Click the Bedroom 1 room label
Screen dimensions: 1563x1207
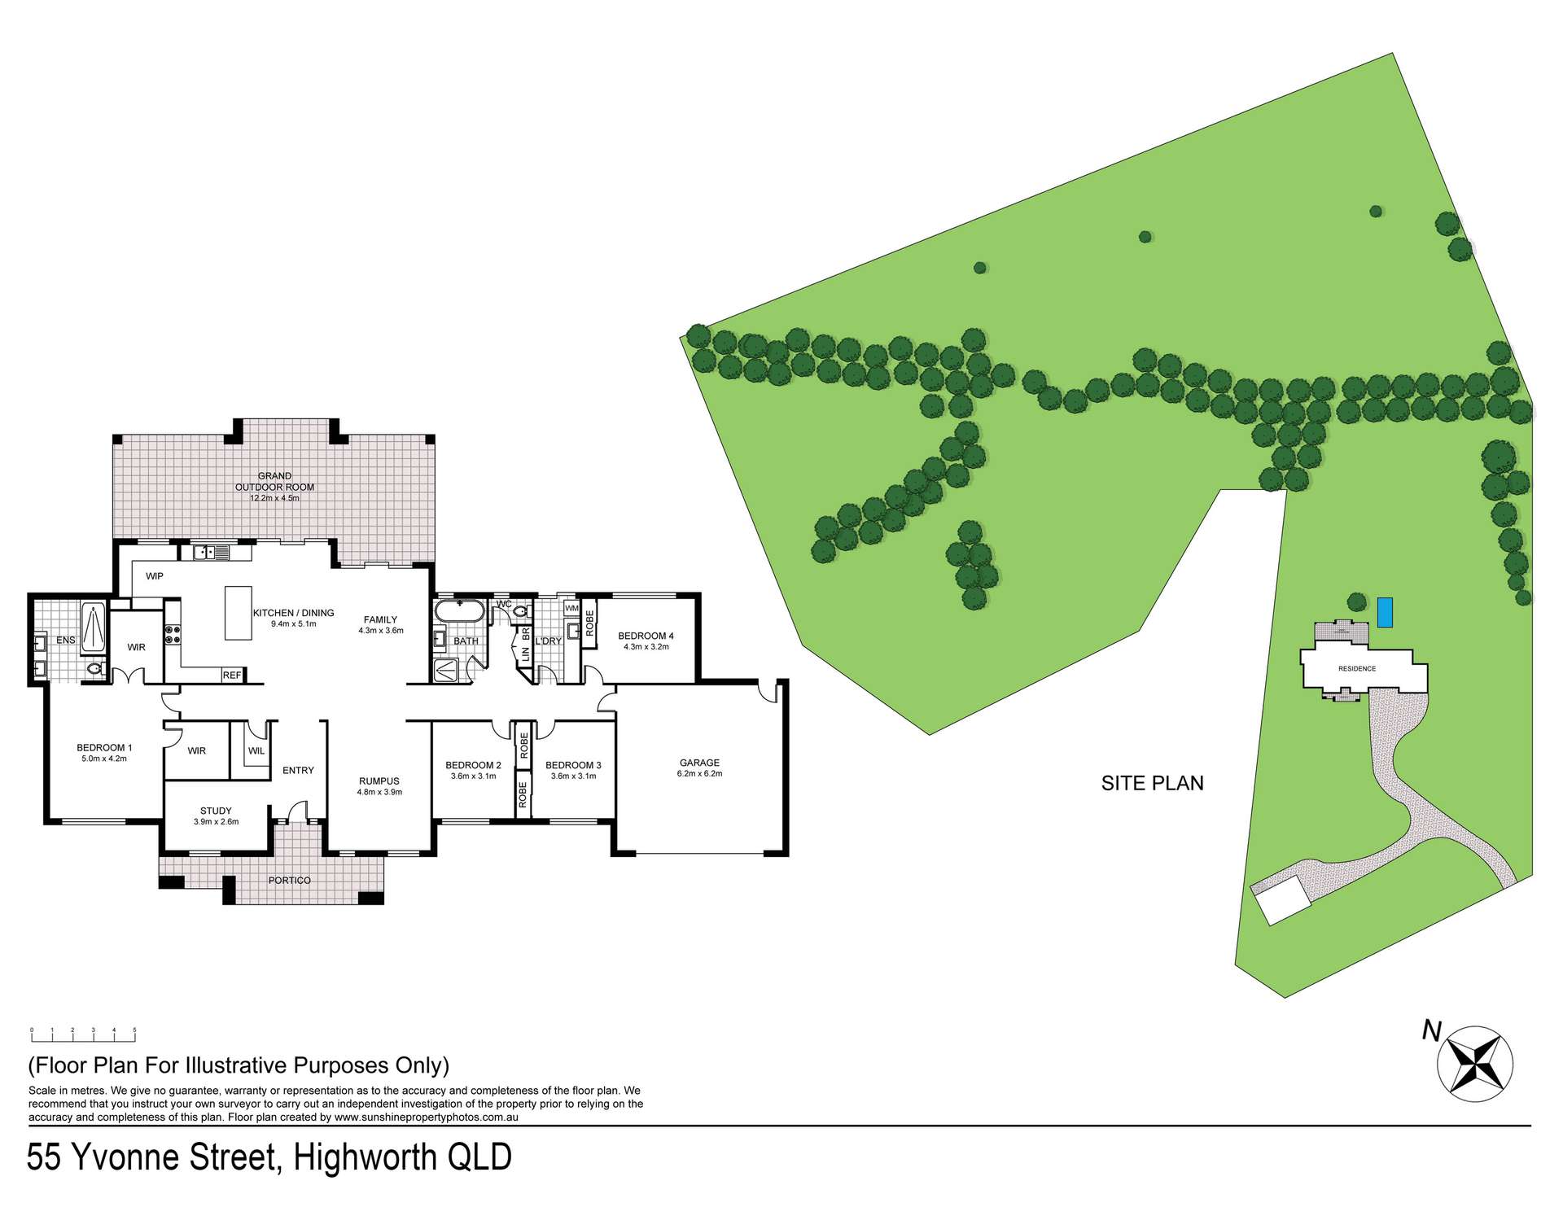[104, 747]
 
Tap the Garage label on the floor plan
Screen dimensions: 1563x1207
[699, 763]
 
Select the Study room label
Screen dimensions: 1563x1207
[216, 811]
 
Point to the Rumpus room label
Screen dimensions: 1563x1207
[379, 781]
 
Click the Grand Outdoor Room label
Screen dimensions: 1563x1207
[274, 481]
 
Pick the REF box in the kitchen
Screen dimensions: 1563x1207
[232, 675]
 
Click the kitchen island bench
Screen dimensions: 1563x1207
[239, 612]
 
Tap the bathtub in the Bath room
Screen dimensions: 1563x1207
[460, 612]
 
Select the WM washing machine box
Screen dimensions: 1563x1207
[571, 608]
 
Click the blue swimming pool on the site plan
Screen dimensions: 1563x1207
[1385, 612]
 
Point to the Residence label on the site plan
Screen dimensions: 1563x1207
[1357, 668]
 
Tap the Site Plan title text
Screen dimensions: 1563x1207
[1152, 783]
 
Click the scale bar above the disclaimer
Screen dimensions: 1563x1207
[83, 1034]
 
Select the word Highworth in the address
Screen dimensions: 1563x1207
[364, 1157]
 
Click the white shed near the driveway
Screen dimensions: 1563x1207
[1283, 901]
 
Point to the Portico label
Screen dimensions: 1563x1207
[289, 880]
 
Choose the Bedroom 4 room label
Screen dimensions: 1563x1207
[646, 636]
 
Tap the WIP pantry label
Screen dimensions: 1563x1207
[155, 576]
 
